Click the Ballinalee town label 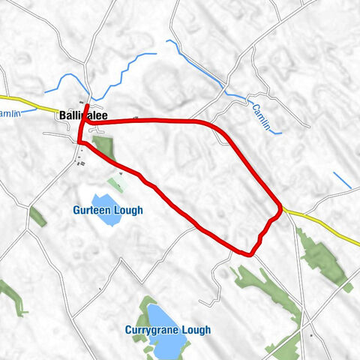(82, 115)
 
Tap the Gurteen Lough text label (108, 211)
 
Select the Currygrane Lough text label (167, 330)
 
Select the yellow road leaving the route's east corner (322, 225)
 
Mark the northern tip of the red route (88, 106)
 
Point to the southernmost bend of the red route (246, 253)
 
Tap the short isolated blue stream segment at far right (342, 181)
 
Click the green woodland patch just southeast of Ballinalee (103, 147)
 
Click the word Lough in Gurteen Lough (129, 211)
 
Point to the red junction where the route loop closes (79, 140)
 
